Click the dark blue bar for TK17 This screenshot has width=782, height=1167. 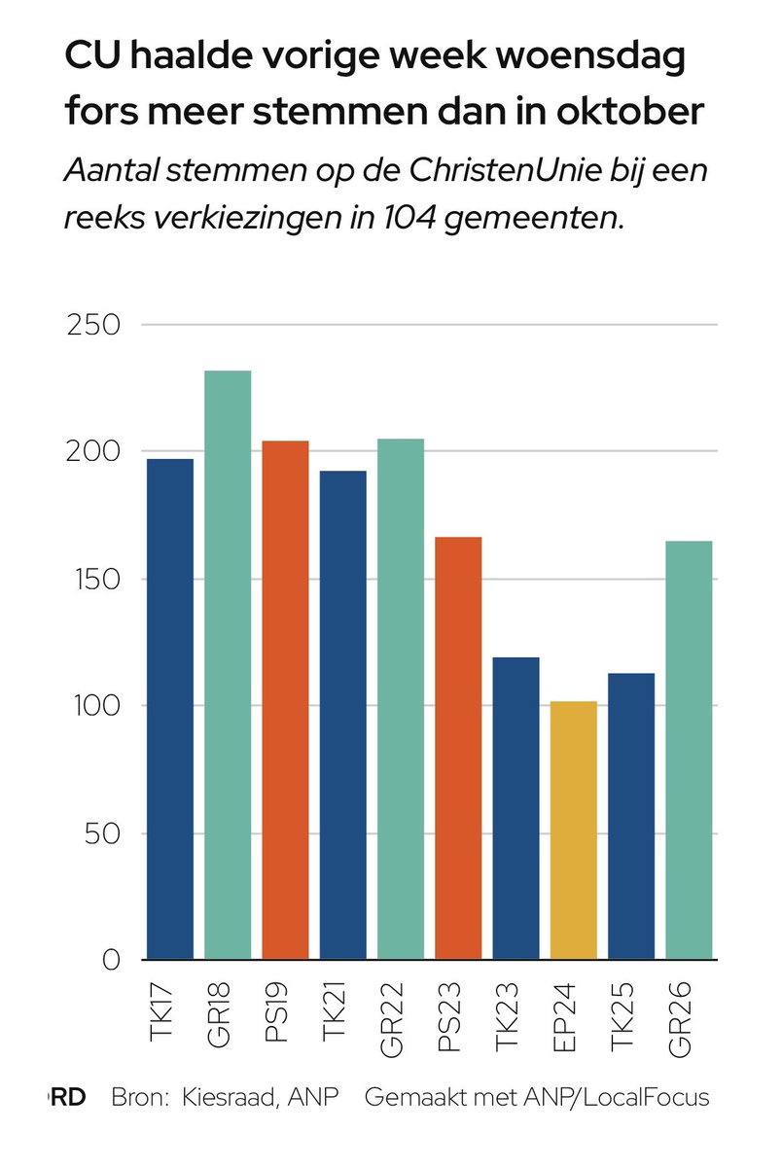(x=170, y=709)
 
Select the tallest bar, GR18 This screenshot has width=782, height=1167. (x=228, y=665)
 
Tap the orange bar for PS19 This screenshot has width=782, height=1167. (x=286, y=700)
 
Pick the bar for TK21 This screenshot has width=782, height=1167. (x=343, y=715)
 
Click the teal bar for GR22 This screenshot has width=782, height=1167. (x=401, y=699)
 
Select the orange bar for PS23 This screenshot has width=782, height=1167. (x=458, y=748)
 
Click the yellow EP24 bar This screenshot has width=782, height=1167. (x=574, y=831)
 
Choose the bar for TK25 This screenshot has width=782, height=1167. (x=631, y=817)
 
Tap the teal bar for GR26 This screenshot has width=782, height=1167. (x=689, y=750)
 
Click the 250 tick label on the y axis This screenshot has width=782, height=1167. (x=92, y=325)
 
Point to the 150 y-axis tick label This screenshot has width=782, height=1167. (x=92, y=580)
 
